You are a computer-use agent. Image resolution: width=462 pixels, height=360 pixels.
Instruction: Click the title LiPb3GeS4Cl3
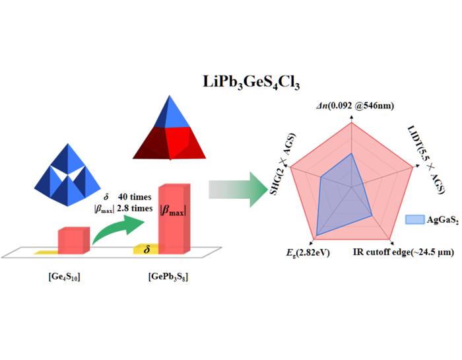coord(251,83)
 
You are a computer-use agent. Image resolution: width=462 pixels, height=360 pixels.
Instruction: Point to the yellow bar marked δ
coord(145,249)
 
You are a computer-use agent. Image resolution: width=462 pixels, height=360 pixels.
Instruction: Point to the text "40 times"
coord(135,197)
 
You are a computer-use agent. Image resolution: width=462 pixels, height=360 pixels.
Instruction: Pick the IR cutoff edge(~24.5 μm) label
coord(403,252)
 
